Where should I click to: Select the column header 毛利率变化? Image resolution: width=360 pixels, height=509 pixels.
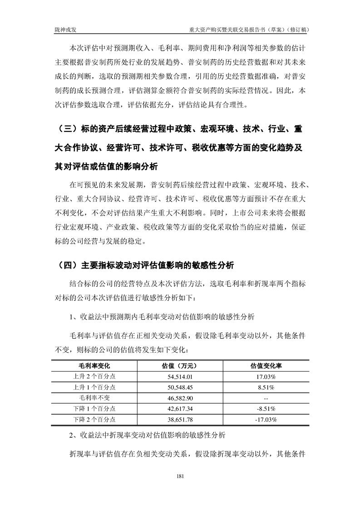(x=94, y=366)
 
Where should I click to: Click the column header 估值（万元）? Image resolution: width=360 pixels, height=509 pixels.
(x=180, y=366)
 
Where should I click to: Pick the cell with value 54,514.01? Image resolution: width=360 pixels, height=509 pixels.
(x=180, y=377)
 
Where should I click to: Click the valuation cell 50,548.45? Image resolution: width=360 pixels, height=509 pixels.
(x=180, y=387)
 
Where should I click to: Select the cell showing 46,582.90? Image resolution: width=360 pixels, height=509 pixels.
(x=180, y=398)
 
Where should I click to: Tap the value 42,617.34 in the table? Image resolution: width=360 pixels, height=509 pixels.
(x=180, y=409)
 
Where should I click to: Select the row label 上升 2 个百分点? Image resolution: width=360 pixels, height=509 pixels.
(x=94, y=377)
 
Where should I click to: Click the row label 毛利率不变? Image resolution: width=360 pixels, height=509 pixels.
(x=94, y=398)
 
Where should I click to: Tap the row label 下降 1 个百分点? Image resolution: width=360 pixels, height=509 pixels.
(x=94, y=409)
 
